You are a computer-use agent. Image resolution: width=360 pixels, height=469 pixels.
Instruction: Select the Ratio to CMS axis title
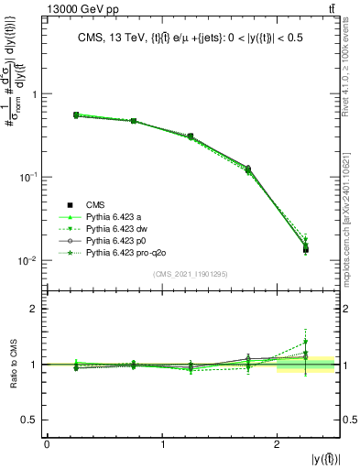(15, 365)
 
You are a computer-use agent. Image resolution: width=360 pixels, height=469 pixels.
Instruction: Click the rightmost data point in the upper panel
(306, 249)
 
